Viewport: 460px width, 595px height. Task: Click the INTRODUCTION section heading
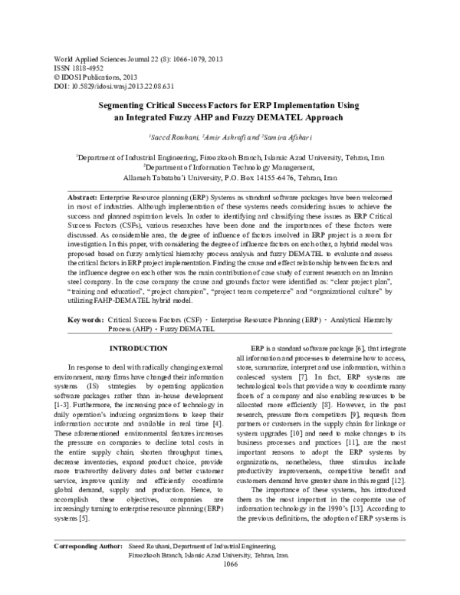click(x=136, y=348)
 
